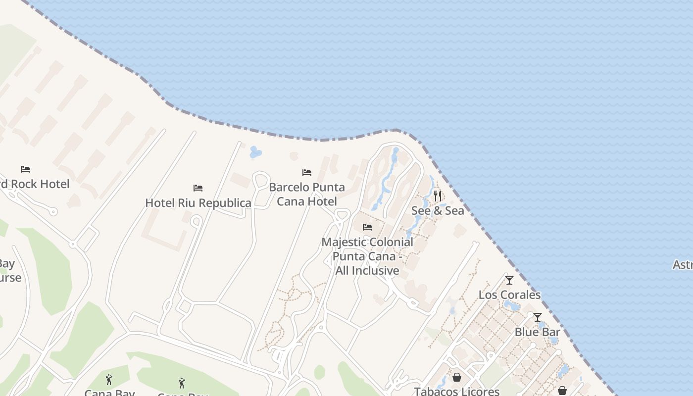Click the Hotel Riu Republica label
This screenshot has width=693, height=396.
198,203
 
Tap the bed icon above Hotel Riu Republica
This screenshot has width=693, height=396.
198,188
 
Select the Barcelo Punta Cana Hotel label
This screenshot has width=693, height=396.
307,195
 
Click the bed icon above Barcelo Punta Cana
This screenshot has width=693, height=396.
307,173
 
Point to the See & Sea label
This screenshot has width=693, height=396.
438,211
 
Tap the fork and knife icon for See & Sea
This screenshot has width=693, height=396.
438,196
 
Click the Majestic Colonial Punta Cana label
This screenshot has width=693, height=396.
367,256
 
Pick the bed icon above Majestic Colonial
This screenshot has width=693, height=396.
367,227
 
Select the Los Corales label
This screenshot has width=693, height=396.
509,295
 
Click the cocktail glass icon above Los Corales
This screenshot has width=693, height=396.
509,280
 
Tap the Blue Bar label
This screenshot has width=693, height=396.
538,332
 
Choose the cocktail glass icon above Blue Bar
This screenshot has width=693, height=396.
538,317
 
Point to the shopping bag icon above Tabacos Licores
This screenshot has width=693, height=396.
457,377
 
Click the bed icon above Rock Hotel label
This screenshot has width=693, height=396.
25,169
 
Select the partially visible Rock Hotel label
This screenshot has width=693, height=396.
35,184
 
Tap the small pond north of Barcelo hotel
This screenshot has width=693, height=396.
255,152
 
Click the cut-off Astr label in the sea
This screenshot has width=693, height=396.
683,265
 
